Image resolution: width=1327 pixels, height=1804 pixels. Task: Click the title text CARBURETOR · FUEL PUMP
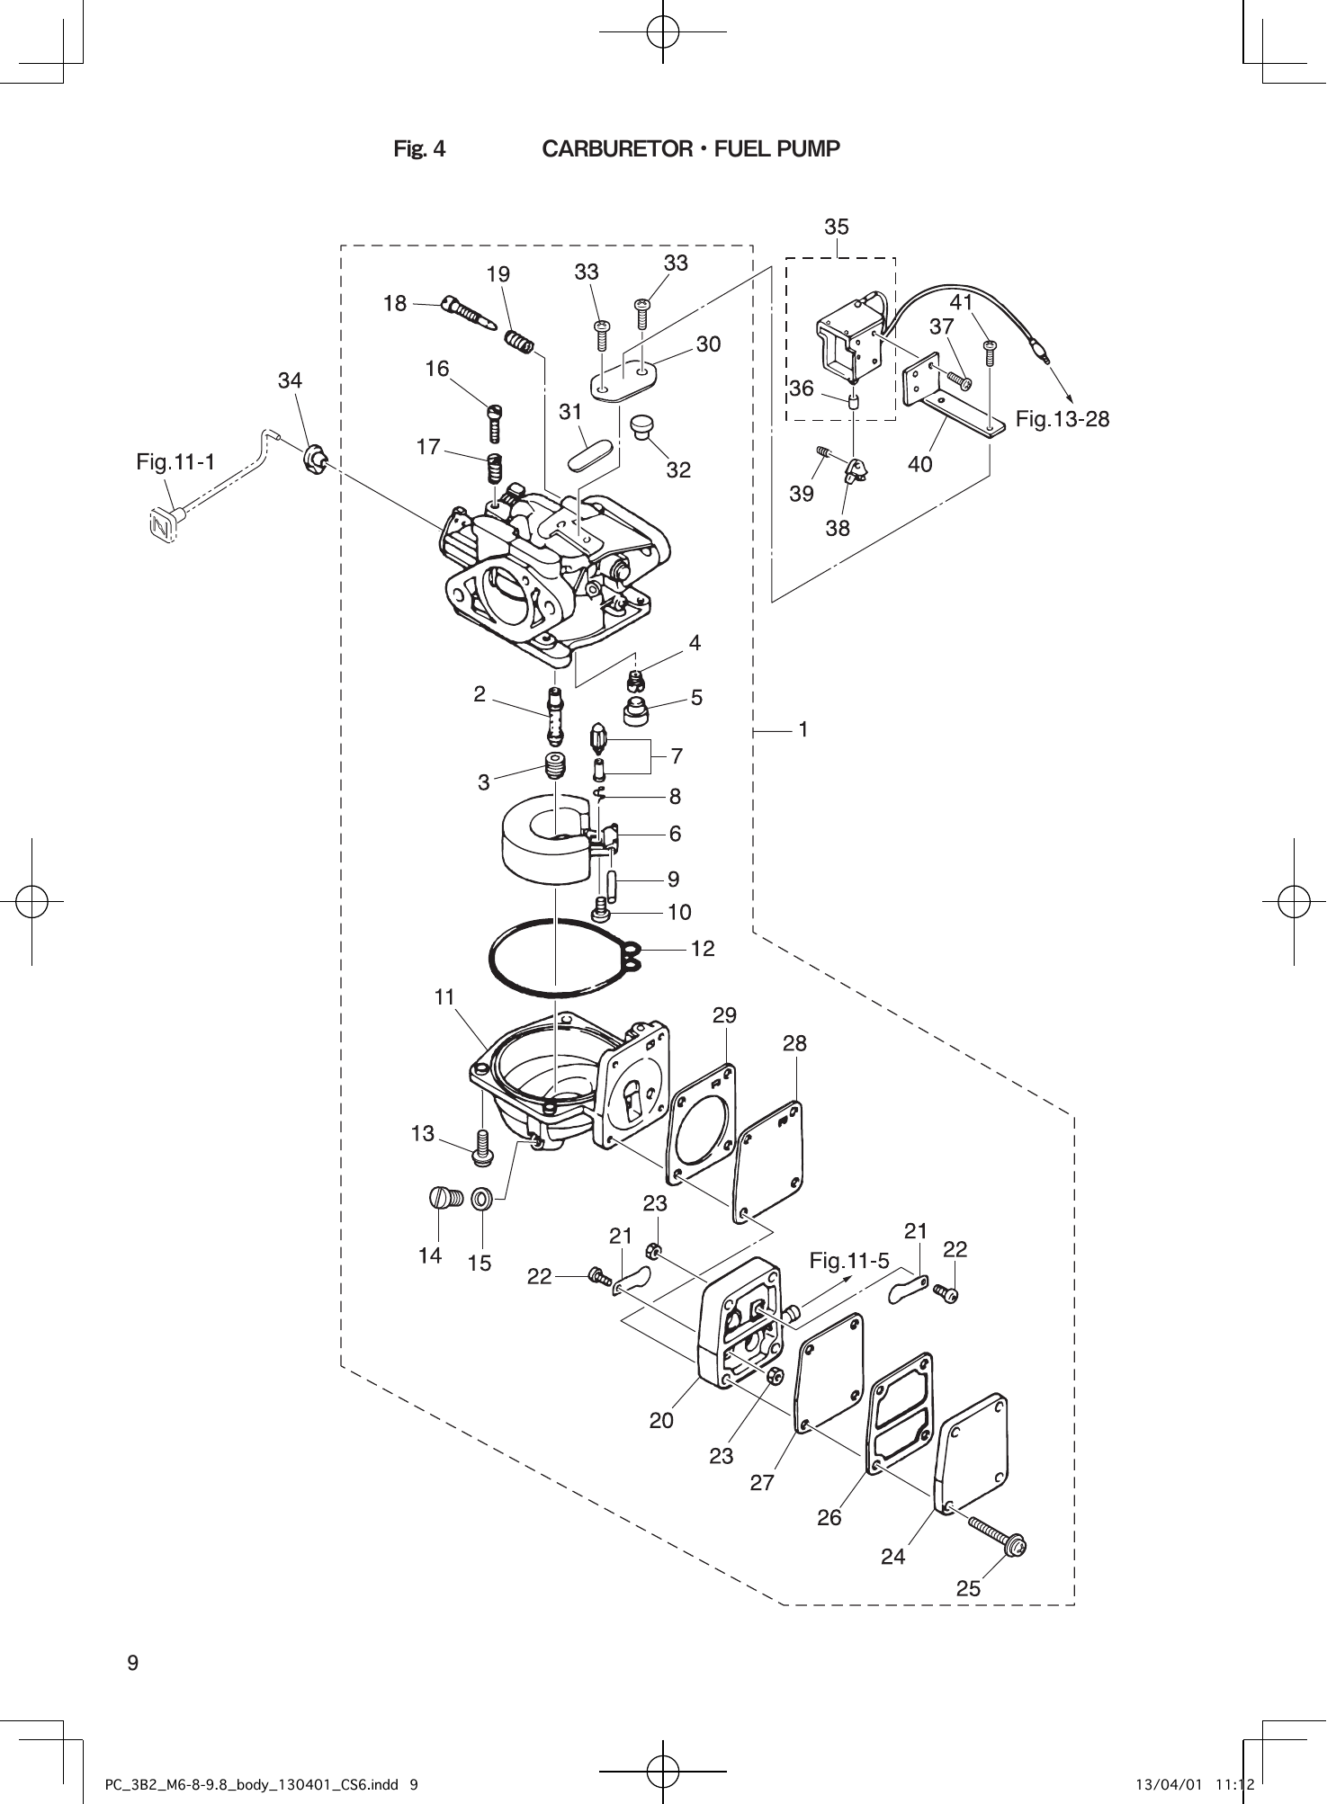690,149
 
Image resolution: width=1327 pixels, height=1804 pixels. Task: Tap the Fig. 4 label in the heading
419,149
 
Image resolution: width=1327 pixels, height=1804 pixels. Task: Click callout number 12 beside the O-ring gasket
703,948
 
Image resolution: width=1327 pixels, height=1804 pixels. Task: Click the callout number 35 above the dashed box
836,227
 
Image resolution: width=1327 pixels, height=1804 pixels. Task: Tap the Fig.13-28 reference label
1062,419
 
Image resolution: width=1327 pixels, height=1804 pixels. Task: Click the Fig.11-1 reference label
175,462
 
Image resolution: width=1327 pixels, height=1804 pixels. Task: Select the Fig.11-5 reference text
848,1261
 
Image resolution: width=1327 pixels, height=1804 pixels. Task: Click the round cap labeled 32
642,424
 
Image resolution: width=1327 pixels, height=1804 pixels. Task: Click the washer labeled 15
482,1199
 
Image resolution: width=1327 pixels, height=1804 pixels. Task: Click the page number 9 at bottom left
132,1663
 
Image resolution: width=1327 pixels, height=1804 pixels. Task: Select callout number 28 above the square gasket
794,1043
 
